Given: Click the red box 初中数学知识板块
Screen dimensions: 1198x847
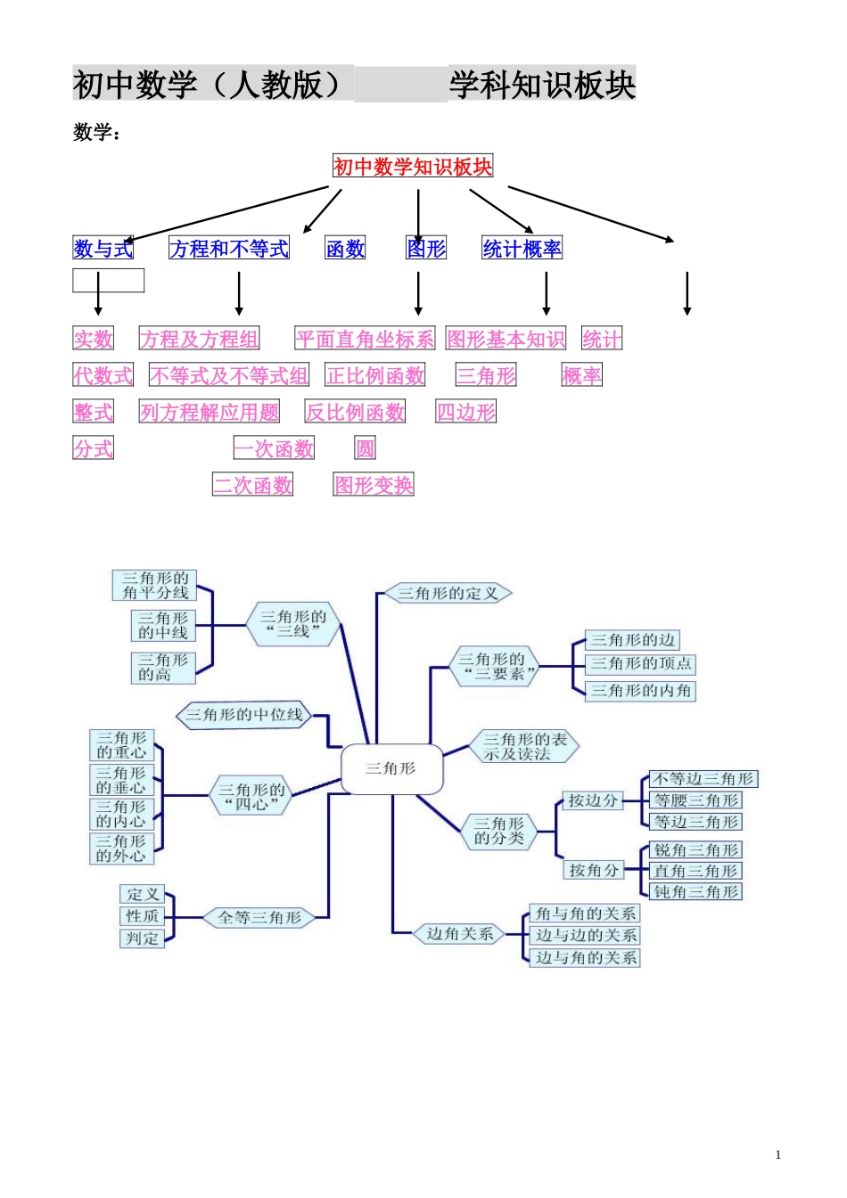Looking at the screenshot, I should coord(413,167).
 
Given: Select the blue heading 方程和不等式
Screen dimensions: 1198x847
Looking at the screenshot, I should coord(229,249).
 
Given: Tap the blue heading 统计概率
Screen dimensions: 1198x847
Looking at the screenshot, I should coord(522,249).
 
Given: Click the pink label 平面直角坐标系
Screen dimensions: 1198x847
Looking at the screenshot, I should coord(365,340).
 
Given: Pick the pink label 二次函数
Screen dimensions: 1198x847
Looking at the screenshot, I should coord(252,486).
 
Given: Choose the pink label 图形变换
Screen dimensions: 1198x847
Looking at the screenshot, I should coord(374,486).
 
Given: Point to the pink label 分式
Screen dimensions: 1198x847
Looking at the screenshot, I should coord(94,448).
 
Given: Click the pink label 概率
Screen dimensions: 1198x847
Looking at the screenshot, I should coord(581,376).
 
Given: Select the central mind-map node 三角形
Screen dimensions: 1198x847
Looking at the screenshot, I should coord(391,768).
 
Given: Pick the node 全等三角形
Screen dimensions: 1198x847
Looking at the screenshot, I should coord(259,917).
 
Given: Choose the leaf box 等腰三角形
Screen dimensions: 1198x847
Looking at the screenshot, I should coord(695,800).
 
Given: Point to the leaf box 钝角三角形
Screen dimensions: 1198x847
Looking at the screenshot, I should coord(695,892).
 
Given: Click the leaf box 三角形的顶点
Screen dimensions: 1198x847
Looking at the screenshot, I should coord(640,664).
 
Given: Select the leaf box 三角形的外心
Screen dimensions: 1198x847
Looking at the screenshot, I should coord(121,849).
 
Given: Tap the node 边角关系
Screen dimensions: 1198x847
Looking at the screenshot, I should coord(459,934).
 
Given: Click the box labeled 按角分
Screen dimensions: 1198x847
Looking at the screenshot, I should coord(593,870).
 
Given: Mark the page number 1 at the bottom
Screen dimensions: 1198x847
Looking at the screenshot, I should coord(778,1155).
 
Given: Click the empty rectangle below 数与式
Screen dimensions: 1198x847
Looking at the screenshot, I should coord(108,281).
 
